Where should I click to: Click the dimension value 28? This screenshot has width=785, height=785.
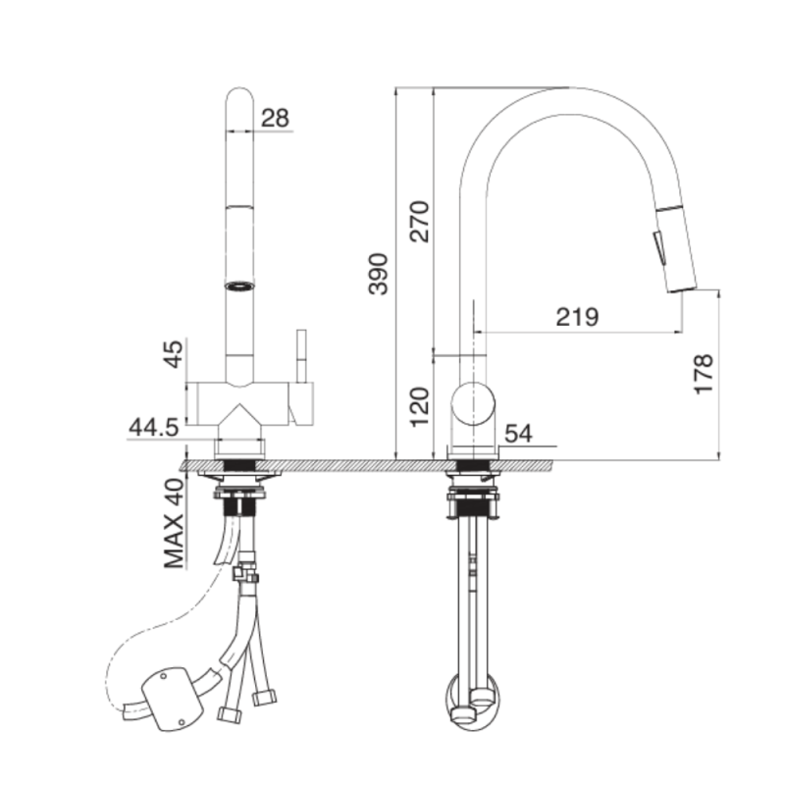276,118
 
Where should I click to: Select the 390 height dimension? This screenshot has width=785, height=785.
379,275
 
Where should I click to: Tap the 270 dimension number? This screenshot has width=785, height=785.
420,222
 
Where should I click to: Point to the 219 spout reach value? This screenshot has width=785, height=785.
577,316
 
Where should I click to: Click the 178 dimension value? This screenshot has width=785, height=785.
704,374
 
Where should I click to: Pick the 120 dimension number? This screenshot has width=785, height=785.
420,406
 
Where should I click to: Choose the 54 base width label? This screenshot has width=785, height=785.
519,434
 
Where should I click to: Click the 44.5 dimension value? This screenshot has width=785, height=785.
154,428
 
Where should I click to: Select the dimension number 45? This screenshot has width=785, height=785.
175,354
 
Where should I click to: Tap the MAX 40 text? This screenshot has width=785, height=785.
175,524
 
